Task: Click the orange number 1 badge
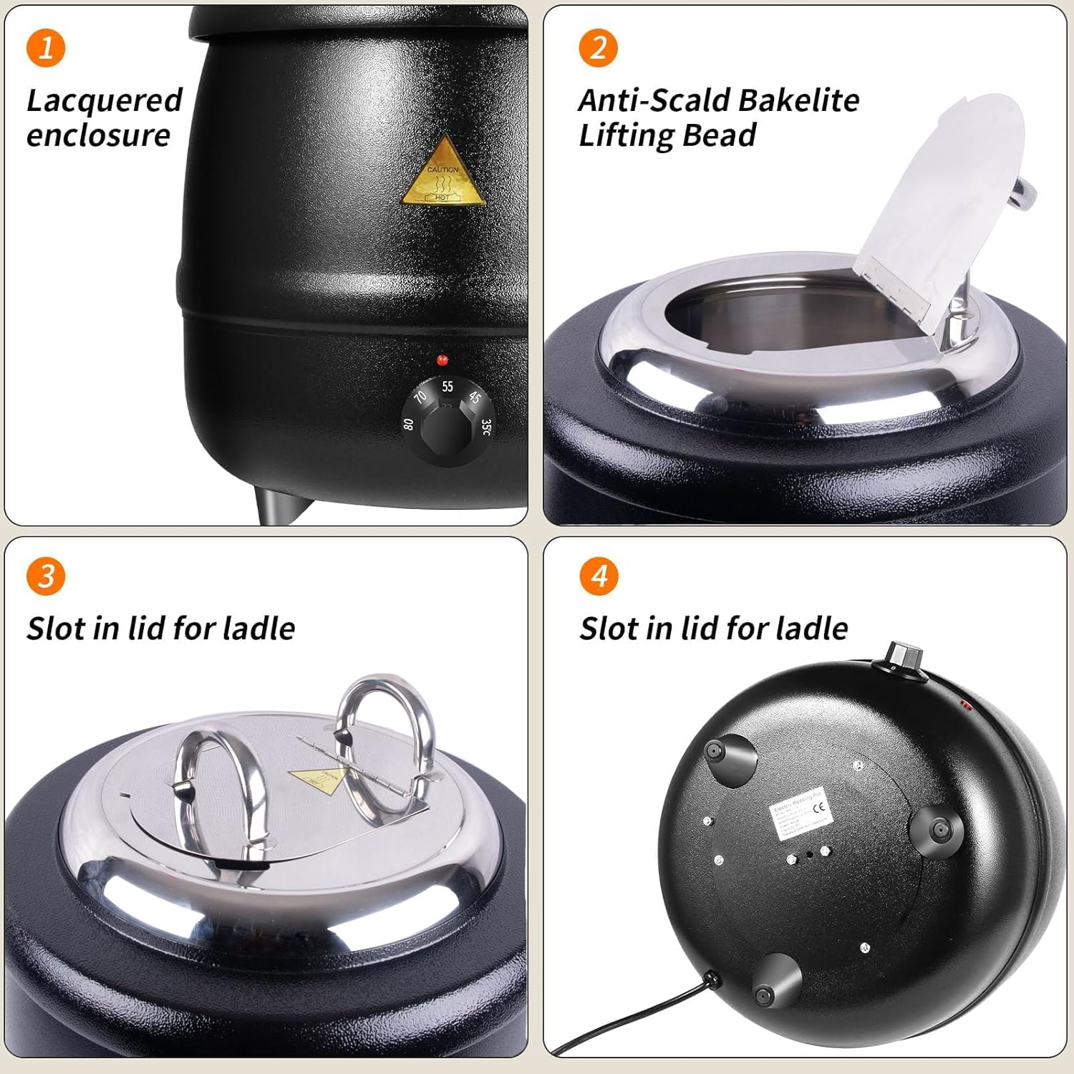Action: pyautogui.click(x=46, y=48)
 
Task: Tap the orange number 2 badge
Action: pyautogui.click(x=598, y=48)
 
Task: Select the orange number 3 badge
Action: pyautogui.click(x=46, y=576)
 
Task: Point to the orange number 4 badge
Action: pyautogui.click(x=599, y=576)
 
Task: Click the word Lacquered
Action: pyautogui.click(x=105, y=101)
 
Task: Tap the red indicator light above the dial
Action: pyautogui.click(x=442, y=359)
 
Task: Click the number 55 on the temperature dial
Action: pyautogui.click(x=447, y=387)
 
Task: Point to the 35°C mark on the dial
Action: pyautogui.click(x=486, y=427)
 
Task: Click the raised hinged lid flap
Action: pyautogui.click(x=938, y=208)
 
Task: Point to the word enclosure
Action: pyautogui.click(x=98, y=136)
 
